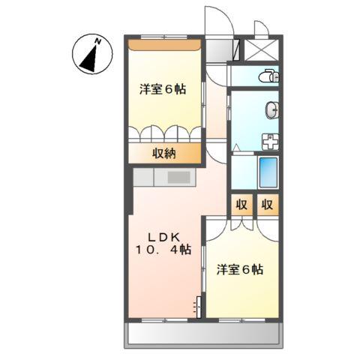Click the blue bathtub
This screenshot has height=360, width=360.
(268, 174)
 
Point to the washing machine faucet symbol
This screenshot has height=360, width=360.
(268, 141)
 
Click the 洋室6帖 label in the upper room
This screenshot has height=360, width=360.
(163, 89)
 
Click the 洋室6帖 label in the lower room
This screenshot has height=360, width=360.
(239, 269)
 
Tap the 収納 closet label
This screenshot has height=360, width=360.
(165, 154)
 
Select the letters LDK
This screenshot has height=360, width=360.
(158, 234)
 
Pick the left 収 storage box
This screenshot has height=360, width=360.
(241, 205)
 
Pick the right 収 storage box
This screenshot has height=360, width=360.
(267, 205)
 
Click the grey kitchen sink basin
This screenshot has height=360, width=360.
(179, 178)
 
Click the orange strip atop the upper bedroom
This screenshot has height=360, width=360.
(165, 44)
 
